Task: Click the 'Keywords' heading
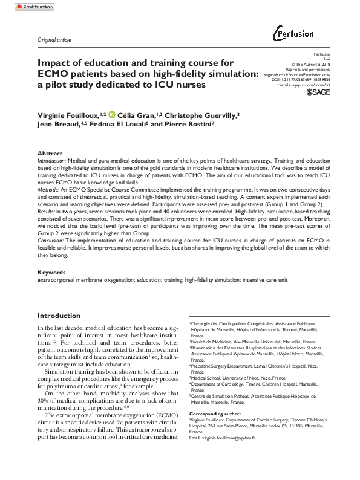coord(52,272)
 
